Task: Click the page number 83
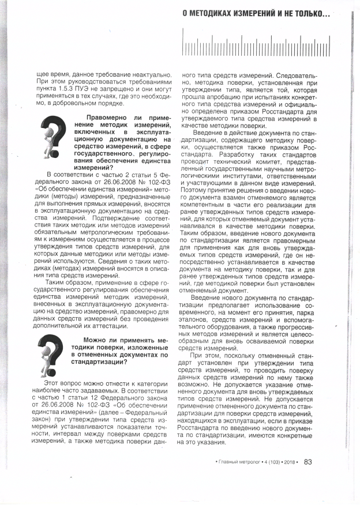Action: click(x=308, y=461)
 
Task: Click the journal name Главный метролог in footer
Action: click(x=237, y=461)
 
